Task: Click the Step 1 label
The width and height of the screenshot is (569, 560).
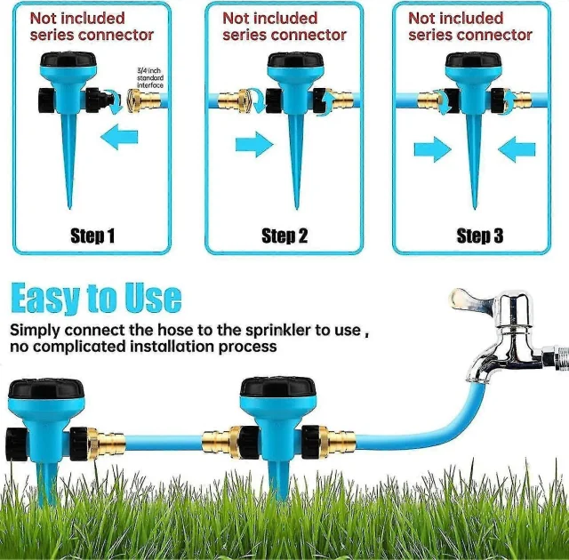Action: tap(92, 236)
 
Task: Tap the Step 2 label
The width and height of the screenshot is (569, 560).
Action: tap(284, 236)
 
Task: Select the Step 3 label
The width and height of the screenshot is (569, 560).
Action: tap(480, 236)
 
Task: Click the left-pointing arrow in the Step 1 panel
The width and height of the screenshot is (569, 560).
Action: tap(119, 137)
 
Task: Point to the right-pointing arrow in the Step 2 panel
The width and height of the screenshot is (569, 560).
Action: tap(254, 144)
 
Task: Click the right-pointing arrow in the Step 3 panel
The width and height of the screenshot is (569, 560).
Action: tap(433, 149)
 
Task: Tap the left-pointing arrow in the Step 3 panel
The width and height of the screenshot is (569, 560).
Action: tap(517, 149)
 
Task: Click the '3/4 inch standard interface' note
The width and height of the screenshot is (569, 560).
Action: tap(150, 77)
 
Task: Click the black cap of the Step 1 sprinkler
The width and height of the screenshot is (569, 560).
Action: tap(68, 60)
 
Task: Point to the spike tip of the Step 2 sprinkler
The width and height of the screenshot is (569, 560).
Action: tap(297, 209)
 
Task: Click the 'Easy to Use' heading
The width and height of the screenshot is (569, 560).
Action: tap(96, 298)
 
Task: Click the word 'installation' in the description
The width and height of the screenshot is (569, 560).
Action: tap(172, 347)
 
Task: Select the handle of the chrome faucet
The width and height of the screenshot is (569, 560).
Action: tap(470, 299)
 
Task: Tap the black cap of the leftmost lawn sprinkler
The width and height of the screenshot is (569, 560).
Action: tap(46, 388)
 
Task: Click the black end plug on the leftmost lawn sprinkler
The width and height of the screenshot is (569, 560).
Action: tap(17, 444)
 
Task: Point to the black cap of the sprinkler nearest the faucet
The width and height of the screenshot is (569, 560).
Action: tap(277, 387)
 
